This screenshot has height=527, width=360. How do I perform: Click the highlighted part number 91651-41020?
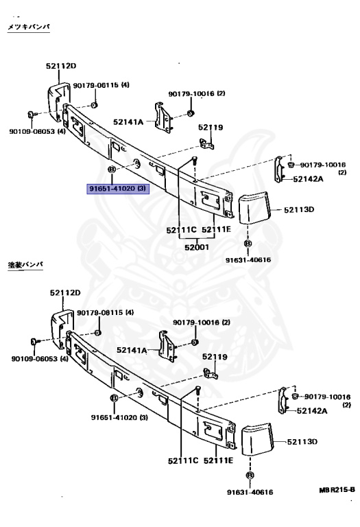pos(117,189)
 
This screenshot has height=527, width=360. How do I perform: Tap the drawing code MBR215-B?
pos(336,491)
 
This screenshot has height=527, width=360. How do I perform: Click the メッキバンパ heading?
pos(29,27)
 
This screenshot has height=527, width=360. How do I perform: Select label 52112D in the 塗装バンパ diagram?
pos(64,292)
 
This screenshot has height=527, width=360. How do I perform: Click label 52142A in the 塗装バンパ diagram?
pos(311,411)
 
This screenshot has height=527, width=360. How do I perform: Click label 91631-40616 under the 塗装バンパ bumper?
pos(250,491)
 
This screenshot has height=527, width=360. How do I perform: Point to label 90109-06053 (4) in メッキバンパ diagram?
pos(37,131)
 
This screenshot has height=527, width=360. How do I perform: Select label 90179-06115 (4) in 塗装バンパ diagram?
pos(104,313)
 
